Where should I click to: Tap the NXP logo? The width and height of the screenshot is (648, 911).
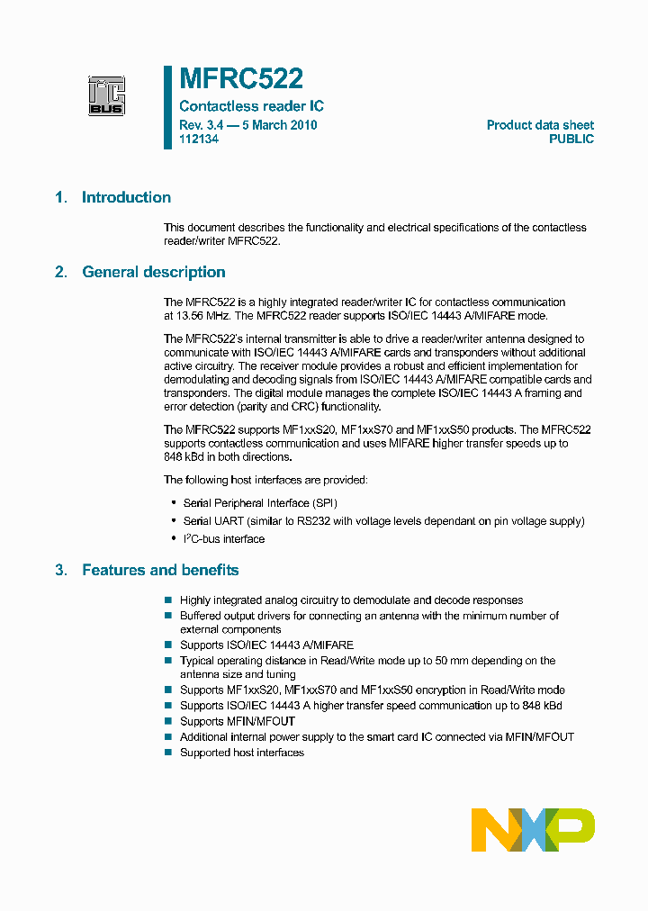(533, 829)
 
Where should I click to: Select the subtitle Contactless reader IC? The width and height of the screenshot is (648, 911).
(251, 106)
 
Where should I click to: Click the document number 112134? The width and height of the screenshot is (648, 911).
(199, 140)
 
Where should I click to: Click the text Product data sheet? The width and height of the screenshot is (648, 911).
(540, 125)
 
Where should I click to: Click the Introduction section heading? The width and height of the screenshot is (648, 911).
(126, 197)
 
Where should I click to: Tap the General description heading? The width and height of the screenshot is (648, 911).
(153, 272)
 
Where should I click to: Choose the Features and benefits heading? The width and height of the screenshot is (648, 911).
(160, 570)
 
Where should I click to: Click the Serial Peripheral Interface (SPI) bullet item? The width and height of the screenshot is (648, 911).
(260, 503)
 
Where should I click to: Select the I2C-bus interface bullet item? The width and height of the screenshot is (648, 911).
(223, 539)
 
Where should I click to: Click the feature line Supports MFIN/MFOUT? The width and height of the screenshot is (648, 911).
(237, 721)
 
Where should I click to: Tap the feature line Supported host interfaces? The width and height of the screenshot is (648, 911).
(241, 752)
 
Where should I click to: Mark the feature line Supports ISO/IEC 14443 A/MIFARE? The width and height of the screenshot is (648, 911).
(266, 645)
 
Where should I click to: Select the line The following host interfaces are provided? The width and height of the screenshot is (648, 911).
(265, 480)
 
